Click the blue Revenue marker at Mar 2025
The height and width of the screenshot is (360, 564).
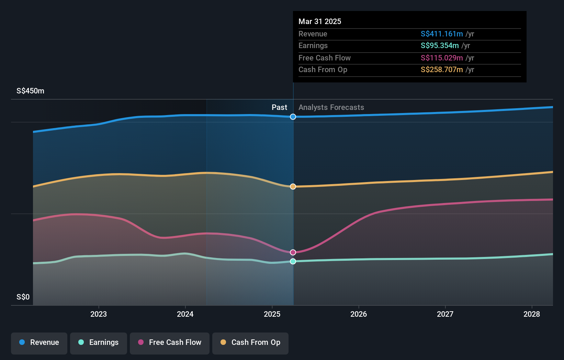point(293,117)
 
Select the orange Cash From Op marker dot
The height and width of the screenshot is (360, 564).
point(293,187)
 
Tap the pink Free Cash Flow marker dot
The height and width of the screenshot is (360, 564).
point(293,252)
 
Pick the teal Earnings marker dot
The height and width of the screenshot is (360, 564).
point(293,261)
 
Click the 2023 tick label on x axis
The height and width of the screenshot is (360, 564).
point(99,314)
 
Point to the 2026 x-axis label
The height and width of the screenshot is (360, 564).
point(359,314)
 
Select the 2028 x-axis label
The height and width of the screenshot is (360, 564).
point(532,314)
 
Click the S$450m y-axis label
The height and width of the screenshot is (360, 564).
point(30,91)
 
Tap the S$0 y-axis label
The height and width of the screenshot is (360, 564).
point(23,297)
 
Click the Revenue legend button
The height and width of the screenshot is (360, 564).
point(39,342)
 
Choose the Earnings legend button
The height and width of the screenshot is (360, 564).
point(99,342)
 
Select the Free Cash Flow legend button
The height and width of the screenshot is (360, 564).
point(170,342)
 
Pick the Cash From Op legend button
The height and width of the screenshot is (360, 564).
point(250,342)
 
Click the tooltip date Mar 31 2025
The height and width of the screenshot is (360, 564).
point(320,21)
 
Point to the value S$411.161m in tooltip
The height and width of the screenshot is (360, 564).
point(442,34)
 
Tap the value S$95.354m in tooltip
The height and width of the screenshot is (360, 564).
point(440,45)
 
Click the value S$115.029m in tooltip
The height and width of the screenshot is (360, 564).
point(442,58)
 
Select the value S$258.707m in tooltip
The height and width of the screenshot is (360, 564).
point(442,69)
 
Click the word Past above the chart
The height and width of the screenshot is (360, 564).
point(279,107)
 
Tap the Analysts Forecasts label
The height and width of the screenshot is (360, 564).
point(331,107)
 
